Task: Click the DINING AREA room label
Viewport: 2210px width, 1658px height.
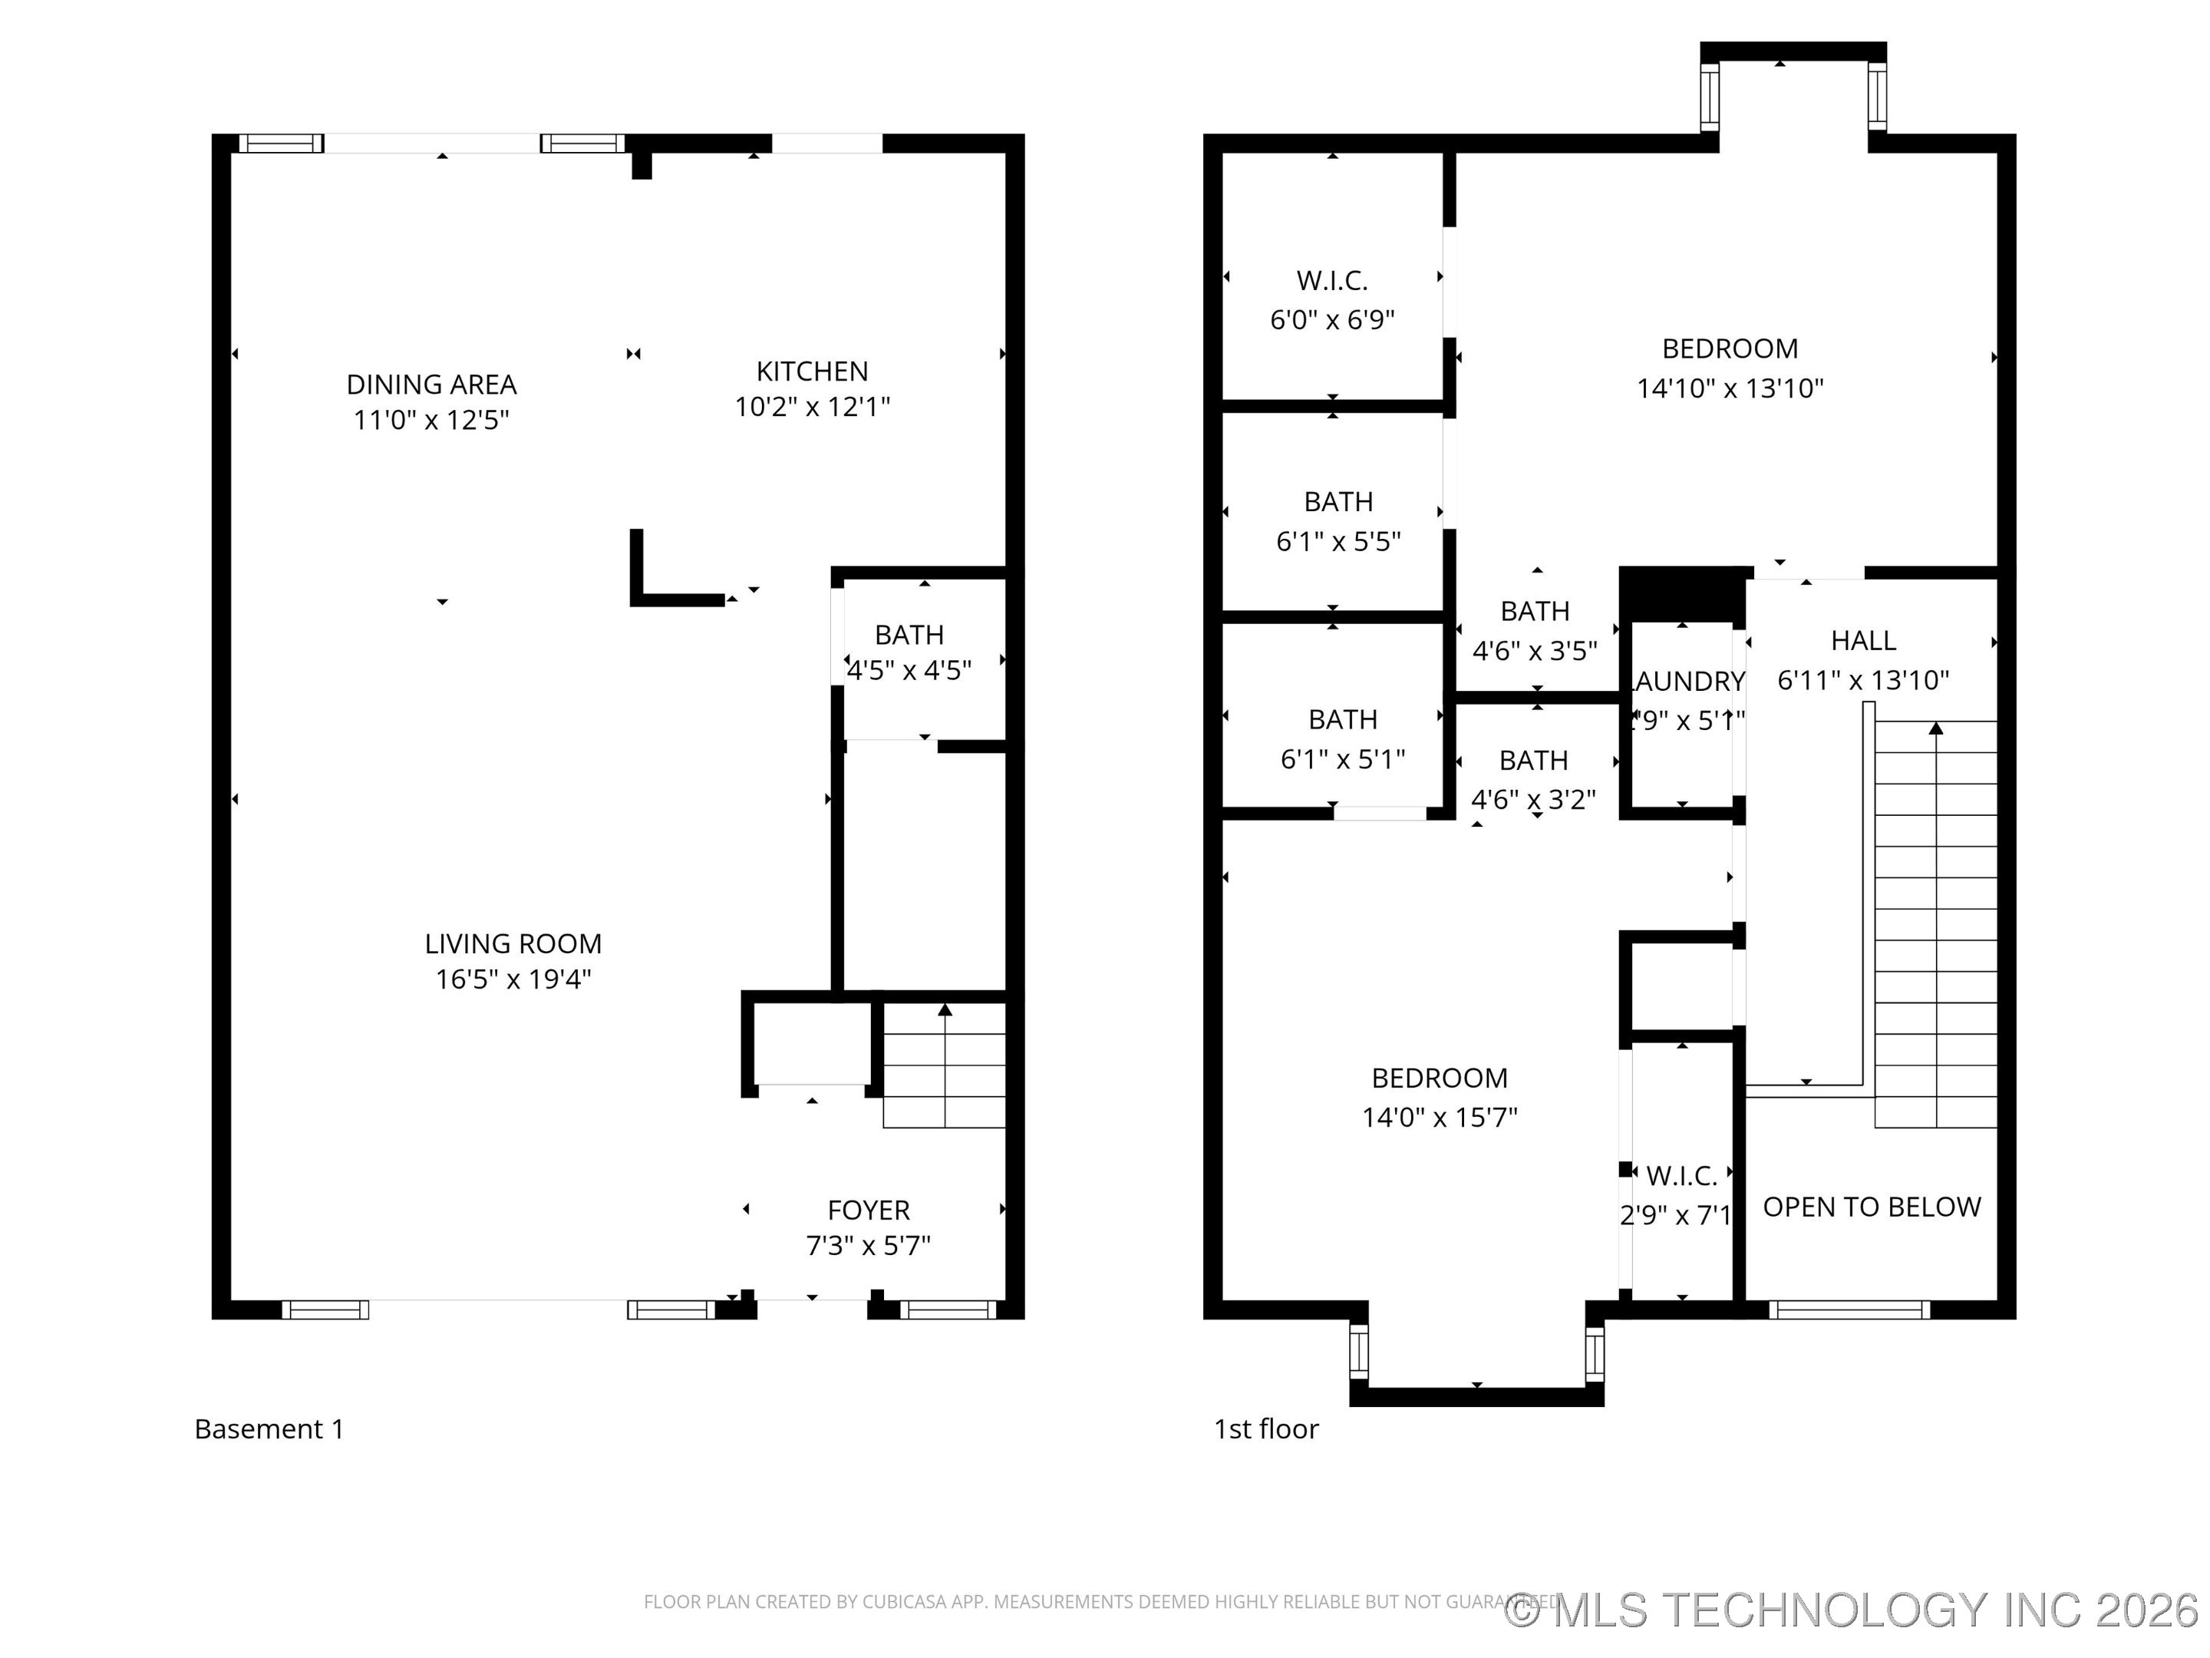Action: pos(430,385)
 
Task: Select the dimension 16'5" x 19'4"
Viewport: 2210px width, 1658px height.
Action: pos(513,979)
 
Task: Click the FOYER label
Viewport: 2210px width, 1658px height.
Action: pos(868,1210)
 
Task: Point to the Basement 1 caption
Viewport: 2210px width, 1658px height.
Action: pos(269,1429)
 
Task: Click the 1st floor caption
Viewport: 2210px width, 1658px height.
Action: pos(1266,1429)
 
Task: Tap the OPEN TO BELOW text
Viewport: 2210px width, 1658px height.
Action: pos(1872,1207)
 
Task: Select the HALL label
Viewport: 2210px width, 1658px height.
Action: pos(1863,641)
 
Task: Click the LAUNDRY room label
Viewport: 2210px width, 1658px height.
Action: pos(1687,682)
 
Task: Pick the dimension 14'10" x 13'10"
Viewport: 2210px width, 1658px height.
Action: pos(1730,388)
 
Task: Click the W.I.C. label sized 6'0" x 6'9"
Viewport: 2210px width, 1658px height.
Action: pos(1332,281)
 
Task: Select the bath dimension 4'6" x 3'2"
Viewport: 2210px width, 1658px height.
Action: pos(1532,800)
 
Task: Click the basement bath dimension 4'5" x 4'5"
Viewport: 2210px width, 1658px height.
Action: pos(909,671)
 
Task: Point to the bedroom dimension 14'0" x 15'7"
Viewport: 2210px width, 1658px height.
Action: pos(1439,1118)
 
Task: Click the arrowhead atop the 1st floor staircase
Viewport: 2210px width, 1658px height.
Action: pos(1935,728)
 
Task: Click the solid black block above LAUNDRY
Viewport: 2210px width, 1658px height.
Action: pos(1683,593)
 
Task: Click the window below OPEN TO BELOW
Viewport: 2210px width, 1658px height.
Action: pos(1849,1310)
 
